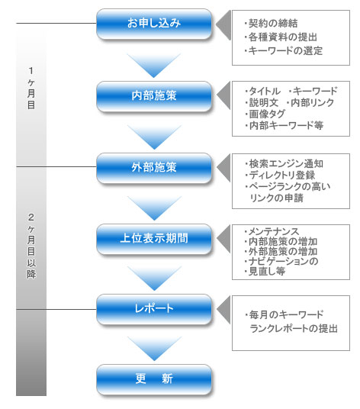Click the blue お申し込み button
point(154,24)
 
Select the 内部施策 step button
point(154,96)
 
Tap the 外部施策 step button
point(154,168)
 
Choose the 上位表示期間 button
point(154,239)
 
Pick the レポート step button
point(154,309)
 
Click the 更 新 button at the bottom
point(154,379)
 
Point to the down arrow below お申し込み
point(154,65)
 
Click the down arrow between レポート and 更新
point(154,349)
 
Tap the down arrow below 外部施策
point(154,208)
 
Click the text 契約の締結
point(273,23)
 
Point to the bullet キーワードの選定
point(284,50)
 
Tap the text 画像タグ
point(265,114)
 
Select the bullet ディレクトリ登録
point(280,175)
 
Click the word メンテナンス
point(274,231)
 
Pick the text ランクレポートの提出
point(294,328)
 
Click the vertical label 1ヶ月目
point(31,89)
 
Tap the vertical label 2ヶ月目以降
point(31,246)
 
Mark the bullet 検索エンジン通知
point(284,164)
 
